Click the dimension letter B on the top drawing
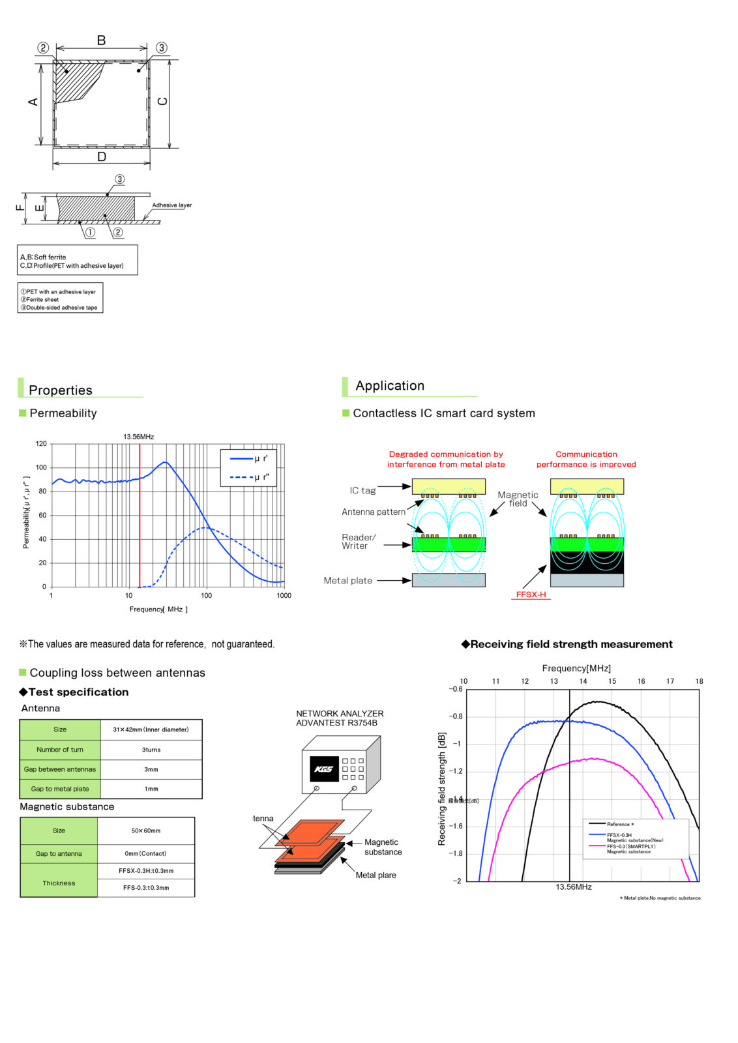102,40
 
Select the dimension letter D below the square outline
102,157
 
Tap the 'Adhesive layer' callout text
172,205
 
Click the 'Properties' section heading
61,390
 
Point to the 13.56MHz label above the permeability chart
139,437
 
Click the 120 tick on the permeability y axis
41,444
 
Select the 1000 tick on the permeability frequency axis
284,595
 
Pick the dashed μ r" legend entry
250,477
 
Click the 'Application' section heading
390,386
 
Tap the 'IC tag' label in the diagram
362,491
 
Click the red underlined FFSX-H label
531,595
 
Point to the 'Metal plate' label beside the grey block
348,581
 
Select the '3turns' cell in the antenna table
151,750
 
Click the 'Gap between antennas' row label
60,769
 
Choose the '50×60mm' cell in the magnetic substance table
146,830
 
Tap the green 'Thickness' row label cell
59,883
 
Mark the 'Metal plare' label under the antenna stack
376,875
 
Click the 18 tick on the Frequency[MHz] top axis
699,681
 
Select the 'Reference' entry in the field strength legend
619,824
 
